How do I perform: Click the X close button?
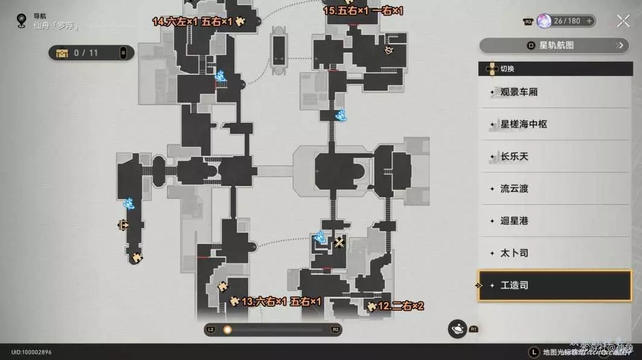(x=623, y=21)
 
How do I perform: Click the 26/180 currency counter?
(x=565, y=21)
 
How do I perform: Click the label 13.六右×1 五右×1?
(x=281, y=301)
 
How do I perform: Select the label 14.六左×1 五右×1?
(x=192, y=22)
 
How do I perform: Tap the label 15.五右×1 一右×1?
(x=362, y=10)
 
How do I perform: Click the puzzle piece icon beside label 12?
(x=371, y=307)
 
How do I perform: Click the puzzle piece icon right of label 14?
(x=240, y=22)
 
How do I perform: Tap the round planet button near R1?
(x=457, y=329)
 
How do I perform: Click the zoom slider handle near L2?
(x=228, y=330)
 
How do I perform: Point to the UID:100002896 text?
(x=31, y=352)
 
